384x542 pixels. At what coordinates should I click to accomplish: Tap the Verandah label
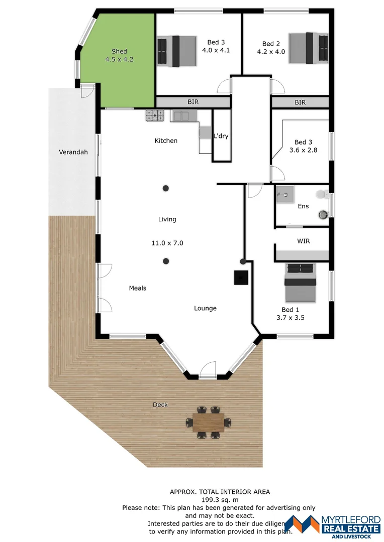tap(73, 152)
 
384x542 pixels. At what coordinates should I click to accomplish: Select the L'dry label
tap(221, 136)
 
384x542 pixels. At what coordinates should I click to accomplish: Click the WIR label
tap(303, 241)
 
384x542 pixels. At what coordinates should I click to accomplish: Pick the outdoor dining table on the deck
tap(208, 422)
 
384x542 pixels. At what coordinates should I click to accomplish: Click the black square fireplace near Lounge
tap(241, 278)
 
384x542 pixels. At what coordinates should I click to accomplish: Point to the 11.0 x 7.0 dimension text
tap(167, 243)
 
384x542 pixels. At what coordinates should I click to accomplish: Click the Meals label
tap(138, 288)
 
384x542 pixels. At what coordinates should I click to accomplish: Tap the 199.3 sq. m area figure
tap(220, 500)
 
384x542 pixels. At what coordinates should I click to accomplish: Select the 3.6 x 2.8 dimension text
tap(303, 150)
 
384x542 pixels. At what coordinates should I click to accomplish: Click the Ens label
tap(303, 206)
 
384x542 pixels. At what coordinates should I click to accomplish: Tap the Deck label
tap(160, 404)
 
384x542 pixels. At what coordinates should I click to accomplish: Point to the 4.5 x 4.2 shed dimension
tap(119, 59)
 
